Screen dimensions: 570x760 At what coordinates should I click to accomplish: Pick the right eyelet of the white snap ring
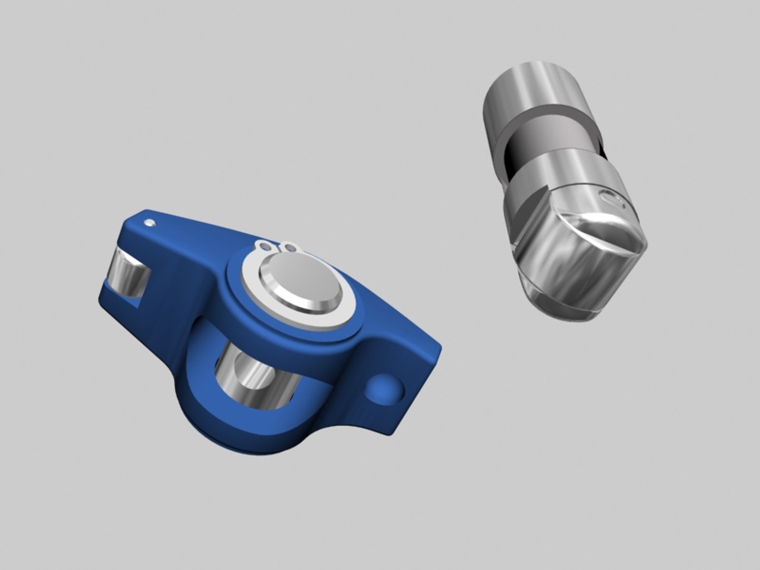click(x=289, y=246)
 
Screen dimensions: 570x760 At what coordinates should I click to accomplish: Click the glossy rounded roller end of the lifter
click(x=581, y=264)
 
